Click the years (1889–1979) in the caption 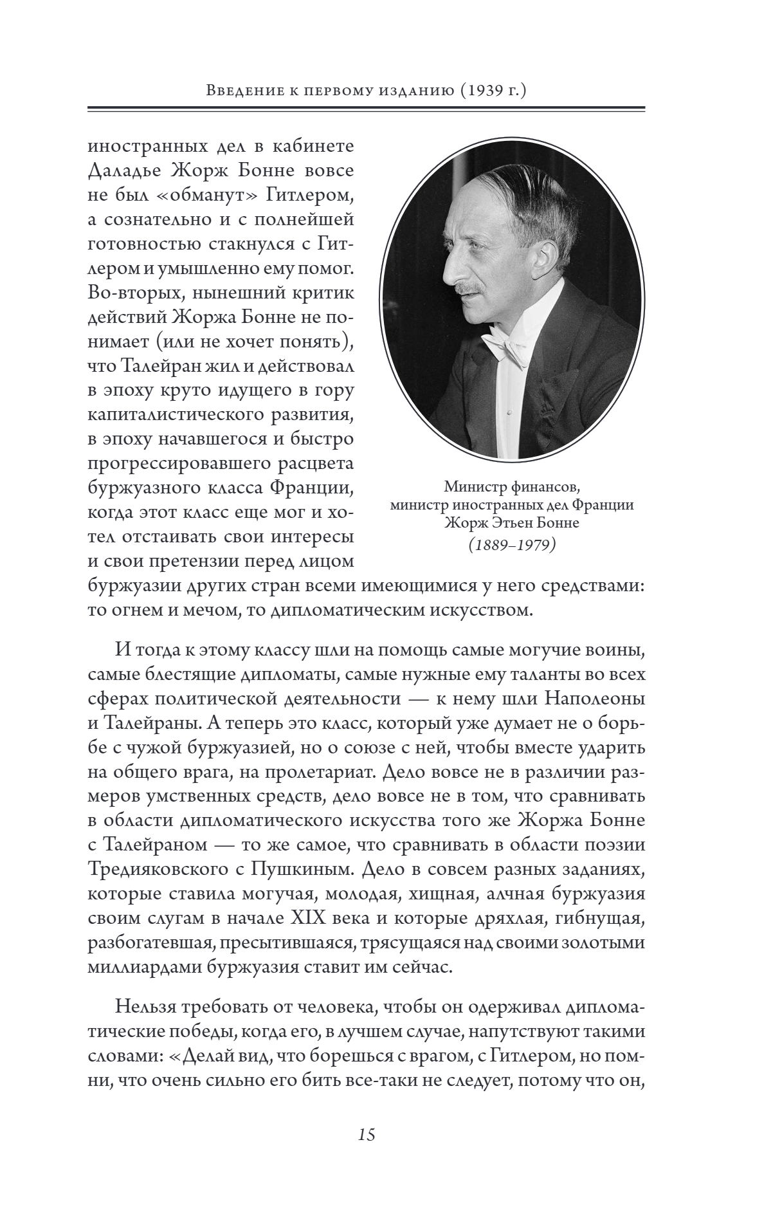[511, 545]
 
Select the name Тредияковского [157, 870]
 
